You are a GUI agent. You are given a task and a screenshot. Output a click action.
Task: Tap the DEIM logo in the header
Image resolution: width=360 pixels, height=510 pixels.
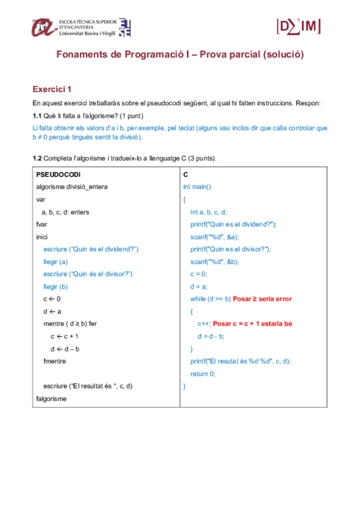click(x=298, y=26)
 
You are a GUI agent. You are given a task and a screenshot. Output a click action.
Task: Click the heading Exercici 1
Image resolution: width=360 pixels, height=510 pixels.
click(x=52, y=89)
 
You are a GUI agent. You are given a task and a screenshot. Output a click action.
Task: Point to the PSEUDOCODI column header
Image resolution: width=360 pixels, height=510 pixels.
click(x=58, y=174)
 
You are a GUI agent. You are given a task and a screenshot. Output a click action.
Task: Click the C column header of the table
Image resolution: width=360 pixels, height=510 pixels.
click(x=186, y=174)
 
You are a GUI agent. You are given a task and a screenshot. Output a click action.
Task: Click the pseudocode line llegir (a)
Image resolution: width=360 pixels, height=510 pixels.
click(x=56, y=261)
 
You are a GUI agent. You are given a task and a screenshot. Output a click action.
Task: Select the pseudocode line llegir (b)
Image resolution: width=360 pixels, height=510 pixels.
click(x=56, y=286)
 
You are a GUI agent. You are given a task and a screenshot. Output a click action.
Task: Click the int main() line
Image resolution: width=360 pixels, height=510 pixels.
click(x=197, y=186)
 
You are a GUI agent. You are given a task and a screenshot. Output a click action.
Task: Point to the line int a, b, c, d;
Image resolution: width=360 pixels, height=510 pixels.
click(x=209, y=212)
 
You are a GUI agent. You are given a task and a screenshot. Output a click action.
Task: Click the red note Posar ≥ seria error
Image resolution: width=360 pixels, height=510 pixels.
click(x=262, y=299)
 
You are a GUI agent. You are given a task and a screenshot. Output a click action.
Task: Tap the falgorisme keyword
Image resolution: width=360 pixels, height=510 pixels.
click(x=52, y=398)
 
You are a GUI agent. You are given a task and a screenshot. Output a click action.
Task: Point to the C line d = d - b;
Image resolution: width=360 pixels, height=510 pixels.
click(x=211, y=336)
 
